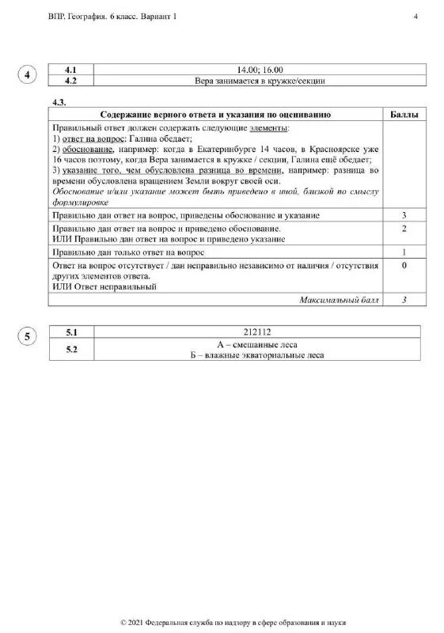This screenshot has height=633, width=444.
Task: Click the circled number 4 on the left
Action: pyautogui.click(x=28, y=75)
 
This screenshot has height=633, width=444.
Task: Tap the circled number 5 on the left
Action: pyautogui.click(x=28, y=338)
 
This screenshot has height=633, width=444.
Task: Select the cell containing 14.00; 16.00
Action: pyautogui.click(x=260, y=70)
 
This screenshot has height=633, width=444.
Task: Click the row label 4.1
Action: pyautogui.click(x=72, y=70)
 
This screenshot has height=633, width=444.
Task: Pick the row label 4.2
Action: pyautogui.click(x=72, y=80)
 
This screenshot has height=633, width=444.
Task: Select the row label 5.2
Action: pyautogui.click(x=72, y=349)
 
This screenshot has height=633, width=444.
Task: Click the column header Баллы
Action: pyautogui.click(x=404, y=114)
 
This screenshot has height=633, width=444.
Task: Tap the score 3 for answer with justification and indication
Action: pyautogui.click(x=404, y=215)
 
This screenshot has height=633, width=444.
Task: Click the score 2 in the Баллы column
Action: pyautogui.click(x=404, y=228)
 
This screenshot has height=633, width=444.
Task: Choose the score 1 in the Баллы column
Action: pyautogui.click(x=404, y=252)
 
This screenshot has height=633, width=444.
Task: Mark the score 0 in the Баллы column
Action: pyautogui.click(x=404, y=266)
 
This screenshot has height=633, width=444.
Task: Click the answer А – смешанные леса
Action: pyautogui.click(x=260, y=344)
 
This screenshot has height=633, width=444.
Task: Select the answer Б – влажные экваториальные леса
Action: pyautogui.click(x=260, y=355)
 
